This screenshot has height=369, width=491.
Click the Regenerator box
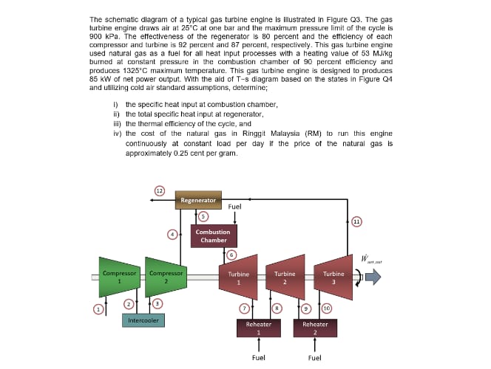[x=199, y=200]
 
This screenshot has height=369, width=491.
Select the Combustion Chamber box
[x=213, y=235]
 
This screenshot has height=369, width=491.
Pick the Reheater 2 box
[x=315, y=327]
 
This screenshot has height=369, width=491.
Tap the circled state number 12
[x=158, y=190]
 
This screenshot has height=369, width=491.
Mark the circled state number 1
[x=97, y=307]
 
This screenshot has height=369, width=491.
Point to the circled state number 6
[x=231, y=255]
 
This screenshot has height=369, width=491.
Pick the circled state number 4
[x=172, y=234]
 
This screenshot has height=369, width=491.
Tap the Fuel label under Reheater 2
[x=314, y=358]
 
